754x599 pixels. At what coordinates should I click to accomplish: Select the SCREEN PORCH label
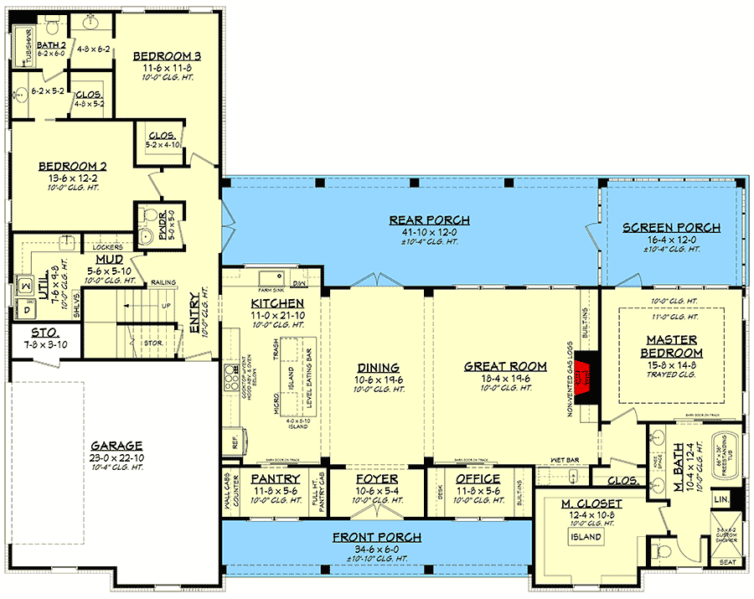coord(671,227)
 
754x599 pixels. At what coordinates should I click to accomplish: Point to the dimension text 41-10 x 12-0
coord(429,232)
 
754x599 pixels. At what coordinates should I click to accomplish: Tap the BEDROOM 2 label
coord(72,166)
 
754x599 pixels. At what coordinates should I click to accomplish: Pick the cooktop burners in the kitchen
coord(229,380)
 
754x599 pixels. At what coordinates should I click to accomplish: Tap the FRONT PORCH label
coord(376,537)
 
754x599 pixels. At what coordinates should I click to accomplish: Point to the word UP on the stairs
coord(166,306)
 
